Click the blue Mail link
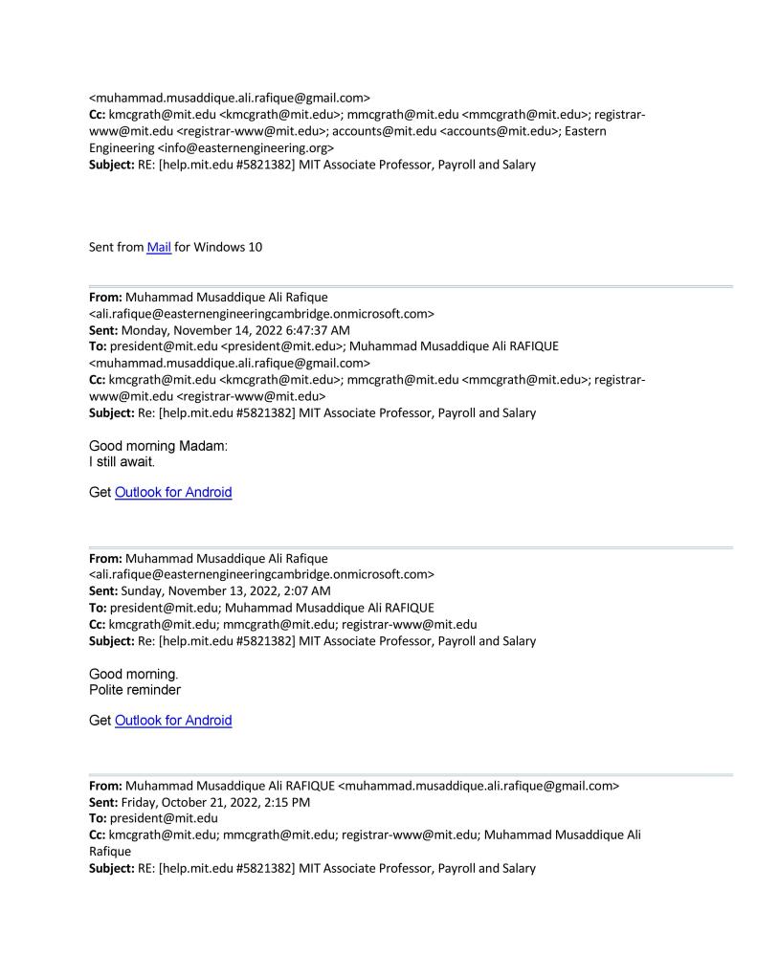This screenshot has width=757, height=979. tap(159, 247)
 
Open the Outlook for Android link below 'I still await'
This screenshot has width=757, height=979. tap(173, 493)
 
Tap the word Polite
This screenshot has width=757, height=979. tap(109, 689)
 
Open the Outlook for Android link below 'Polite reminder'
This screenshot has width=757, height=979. tap(173, 721)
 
